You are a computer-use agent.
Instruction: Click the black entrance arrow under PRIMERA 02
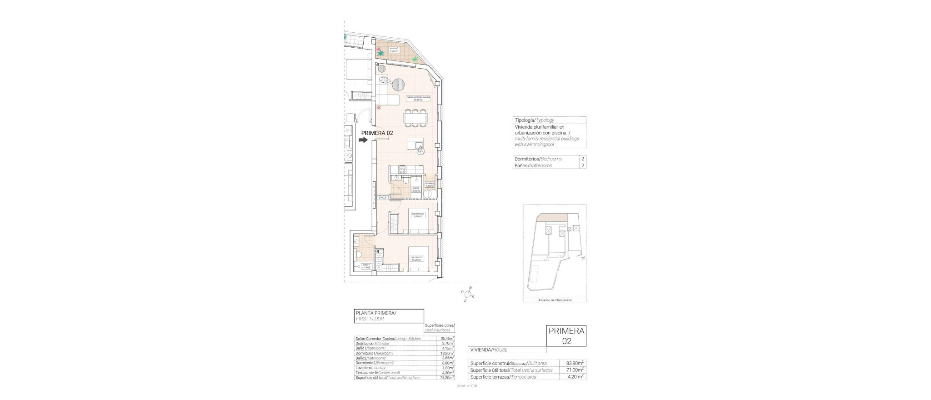(363, 140)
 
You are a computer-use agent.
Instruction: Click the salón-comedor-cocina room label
(418, 111)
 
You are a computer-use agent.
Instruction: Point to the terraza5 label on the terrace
(394, 50)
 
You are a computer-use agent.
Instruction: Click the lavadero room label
(430, 185)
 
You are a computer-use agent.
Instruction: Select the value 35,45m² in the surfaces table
(447, 339)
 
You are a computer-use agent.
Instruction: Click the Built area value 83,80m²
(575, 363)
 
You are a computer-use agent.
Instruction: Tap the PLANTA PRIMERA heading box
(389, 316)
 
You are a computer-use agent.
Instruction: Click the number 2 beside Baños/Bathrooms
(582, 165)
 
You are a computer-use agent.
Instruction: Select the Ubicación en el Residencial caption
(554, 300)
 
